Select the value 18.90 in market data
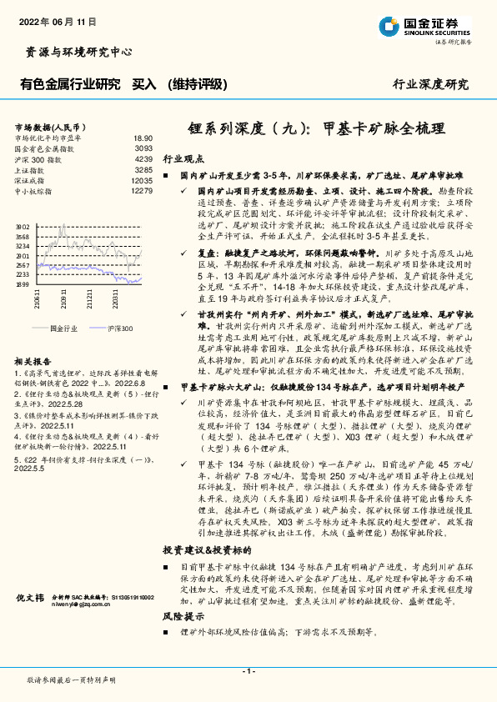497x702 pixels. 143,138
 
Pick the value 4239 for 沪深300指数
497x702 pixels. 143,158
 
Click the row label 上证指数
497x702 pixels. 31,169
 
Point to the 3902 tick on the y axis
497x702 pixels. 23,225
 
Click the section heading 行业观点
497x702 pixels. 182,158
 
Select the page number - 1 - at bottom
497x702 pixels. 248,671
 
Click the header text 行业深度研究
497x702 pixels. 431,84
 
